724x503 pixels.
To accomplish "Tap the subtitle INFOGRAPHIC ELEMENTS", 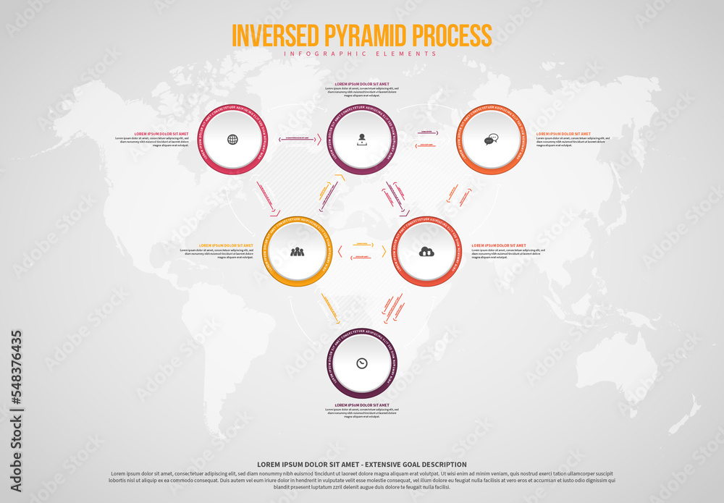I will (x=361, y=54).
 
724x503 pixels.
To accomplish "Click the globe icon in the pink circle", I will (x=232, y=140).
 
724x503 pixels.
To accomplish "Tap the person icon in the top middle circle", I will (x=361, y=140).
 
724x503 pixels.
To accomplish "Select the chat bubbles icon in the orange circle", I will (x=492, y=140).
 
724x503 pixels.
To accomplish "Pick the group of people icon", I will (x=297, y=252).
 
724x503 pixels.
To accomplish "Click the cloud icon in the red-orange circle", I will (x=426, y=252).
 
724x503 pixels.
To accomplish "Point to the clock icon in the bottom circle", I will (x=361, y=363).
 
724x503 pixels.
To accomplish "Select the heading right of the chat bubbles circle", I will (x=563, y=134).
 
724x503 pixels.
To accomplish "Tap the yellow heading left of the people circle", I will (x=226, y=245).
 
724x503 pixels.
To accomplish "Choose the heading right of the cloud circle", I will (x=499, y=245).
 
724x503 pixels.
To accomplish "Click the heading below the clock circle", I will (x=361, y=405).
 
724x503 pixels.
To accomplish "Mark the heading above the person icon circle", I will (x=361, y=84).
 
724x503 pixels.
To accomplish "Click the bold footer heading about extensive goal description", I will (x=361, y=465).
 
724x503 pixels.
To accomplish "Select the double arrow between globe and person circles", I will (x=298, y=138).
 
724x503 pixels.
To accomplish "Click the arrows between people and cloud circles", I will (x=362, y=250).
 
